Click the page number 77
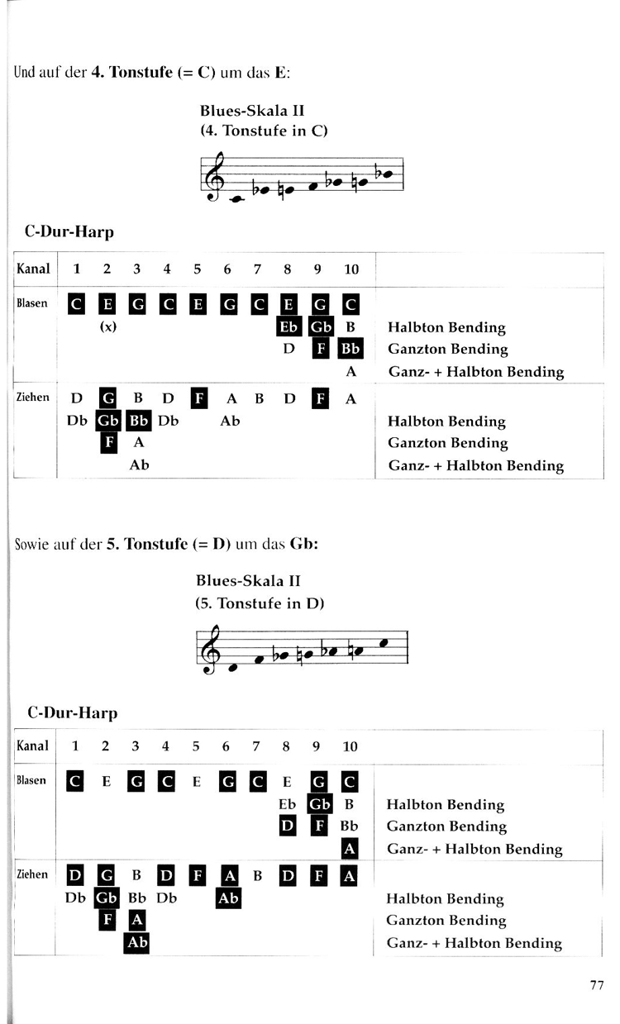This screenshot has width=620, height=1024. click(x=597, y=985)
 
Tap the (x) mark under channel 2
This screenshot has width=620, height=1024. click(x=108, y=326)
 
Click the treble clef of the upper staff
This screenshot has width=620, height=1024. click(x=214, y=176)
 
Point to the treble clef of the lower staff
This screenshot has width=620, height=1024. click(x=210, y=649)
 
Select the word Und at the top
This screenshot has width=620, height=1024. click(x=24, y=72)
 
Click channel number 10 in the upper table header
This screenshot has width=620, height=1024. click(x=351, y=269)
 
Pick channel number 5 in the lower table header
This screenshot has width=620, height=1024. click(x=196, y=746)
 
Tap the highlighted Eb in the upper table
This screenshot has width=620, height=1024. click(x=289, y=326)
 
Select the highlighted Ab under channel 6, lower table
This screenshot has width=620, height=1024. click(x=228, y=898)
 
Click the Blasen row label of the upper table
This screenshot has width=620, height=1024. click(x=32, y=303)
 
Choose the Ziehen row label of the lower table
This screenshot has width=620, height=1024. click(x=32, y=874)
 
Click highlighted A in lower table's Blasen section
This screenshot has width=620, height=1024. click(x=350, y=849)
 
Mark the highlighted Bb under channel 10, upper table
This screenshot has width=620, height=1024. click(x=351, y=349)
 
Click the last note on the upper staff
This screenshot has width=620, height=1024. click(x=386, y=174)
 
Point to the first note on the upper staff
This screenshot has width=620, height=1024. click(x=236, y=199)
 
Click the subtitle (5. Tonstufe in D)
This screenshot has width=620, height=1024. click(x=260, y=603)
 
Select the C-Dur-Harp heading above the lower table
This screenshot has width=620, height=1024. click(x=72, y=712)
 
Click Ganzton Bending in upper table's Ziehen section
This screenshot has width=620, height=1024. click(x=447, y=443)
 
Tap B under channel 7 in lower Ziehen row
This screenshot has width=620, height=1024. click(x=258, y=876)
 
